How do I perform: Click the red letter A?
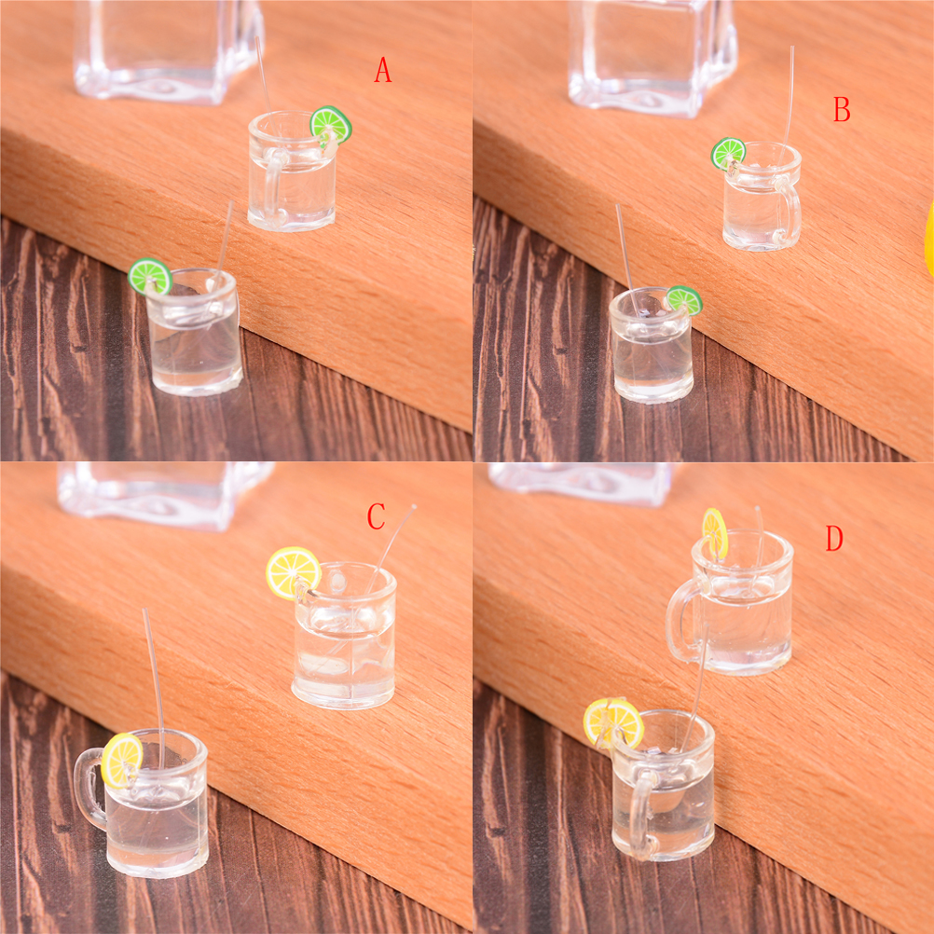(382, 70)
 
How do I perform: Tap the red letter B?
(841, 109)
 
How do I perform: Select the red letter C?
(376, 516)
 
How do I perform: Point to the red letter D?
(834, 539)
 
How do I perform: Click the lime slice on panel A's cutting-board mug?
(331, 125)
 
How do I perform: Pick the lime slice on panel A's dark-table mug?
(150, 277)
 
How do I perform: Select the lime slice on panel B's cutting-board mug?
(729, 153)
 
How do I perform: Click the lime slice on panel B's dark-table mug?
(684, 299)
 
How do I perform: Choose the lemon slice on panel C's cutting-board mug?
(293, 572)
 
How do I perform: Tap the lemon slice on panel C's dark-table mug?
(122, 760)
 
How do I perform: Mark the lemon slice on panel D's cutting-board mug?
(715, 532)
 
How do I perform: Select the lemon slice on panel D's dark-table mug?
(613, 722)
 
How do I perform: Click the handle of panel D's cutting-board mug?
(680, 620)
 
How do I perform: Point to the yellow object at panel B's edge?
(929, 239)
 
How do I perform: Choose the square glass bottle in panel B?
(652, 57)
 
